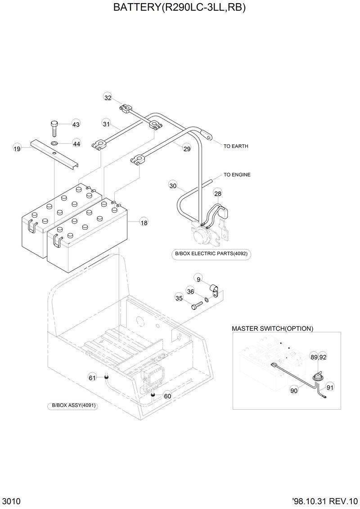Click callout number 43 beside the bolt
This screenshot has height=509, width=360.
click(x=76, y=124)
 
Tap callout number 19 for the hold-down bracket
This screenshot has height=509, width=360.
click(x=17, y=148)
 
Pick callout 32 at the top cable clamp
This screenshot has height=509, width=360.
click(x=108, y=98)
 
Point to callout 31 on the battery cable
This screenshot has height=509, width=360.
click(x=106, y=124)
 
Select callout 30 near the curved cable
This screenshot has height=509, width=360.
click(x=173, y=185)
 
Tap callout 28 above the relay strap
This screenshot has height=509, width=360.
click(x=217, y=193)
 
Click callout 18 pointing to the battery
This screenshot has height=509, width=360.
click(x=144, y=222)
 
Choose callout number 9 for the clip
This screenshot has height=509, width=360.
click(x=198, y=278)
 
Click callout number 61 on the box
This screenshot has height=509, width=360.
click(x=92, y=378)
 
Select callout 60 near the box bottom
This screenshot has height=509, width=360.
click(x=167, y=396)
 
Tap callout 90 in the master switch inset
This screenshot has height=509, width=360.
click(x=294, y=391)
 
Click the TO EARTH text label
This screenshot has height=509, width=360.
click(x=236, y=147)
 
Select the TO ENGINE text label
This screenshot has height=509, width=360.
click(x=237, y=174)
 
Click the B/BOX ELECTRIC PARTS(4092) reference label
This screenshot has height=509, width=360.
click(x=211, y=254)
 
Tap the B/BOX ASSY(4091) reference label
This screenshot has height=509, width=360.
click(x=72, y=405)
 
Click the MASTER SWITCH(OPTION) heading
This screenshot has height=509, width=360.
click(x=272, y=329)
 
